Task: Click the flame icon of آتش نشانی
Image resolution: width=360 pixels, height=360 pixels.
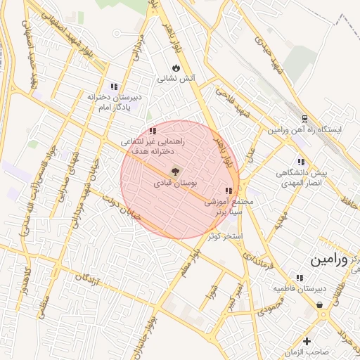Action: click(176, 68)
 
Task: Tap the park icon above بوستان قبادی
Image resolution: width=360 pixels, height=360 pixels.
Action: click(174, 171)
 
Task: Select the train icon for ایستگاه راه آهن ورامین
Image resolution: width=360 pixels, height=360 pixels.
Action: click(304, 118)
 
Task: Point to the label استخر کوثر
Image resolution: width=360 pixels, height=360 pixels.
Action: click(225, 236)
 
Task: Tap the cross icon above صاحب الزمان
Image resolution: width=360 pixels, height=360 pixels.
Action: click(307, 341)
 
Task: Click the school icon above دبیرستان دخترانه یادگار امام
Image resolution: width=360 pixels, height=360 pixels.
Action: click(114, 86)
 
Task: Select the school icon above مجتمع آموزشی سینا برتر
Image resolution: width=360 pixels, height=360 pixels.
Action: click(228, 190)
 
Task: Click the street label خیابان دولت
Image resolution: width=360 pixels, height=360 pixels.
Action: click(121, 208)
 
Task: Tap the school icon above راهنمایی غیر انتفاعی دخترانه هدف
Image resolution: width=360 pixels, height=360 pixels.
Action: click(153, 131)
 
